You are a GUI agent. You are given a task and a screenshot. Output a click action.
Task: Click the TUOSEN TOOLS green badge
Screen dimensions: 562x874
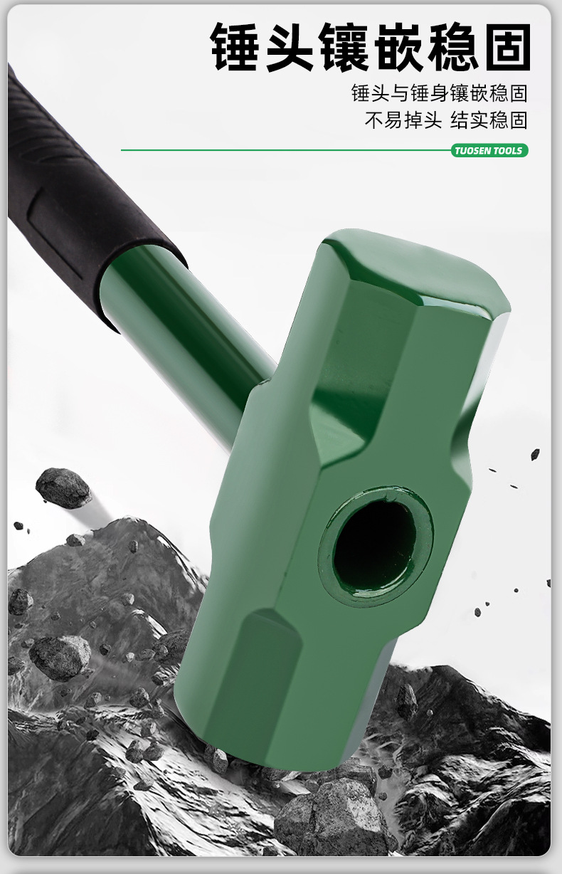pos(489,151)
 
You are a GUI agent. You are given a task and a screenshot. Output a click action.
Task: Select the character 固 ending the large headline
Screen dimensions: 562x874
pos(509,47)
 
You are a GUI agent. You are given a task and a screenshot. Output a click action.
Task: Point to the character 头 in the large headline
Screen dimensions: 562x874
pos(290,47)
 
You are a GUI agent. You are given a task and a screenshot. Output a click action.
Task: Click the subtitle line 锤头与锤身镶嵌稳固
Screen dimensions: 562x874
pos(440,93)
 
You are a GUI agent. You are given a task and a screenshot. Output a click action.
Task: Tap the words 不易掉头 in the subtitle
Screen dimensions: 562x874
pos(403,120)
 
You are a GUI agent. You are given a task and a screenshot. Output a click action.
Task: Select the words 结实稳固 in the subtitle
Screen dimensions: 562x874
pos(489,120)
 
